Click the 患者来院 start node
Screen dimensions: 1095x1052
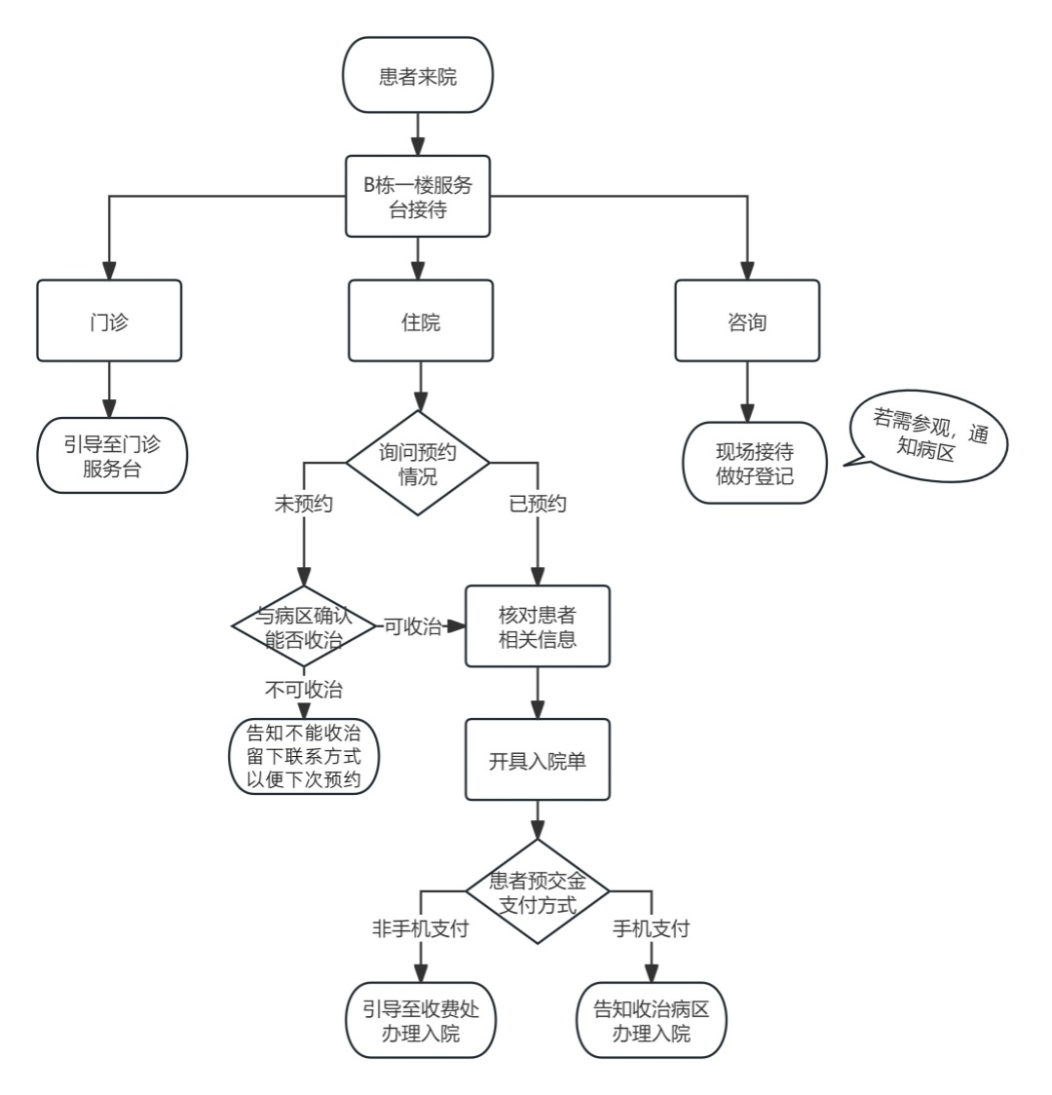417,75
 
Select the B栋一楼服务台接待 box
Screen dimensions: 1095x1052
417,196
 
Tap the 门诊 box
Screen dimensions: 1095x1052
109,321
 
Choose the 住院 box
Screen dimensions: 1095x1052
419,321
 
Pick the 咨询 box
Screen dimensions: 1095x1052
747,321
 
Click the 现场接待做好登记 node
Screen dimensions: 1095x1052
754,463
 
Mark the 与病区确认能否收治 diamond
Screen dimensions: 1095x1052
303,626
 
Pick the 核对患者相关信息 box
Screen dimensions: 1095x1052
538,625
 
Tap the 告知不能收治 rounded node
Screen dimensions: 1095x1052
304,757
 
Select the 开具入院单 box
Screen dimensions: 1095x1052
538,760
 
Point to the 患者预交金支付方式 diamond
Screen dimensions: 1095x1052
538,891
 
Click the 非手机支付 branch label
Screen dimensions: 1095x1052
420,928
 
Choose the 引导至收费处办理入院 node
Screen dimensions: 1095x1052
421,1020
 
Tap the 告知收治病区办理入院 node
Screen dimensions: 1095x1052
652,1020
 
